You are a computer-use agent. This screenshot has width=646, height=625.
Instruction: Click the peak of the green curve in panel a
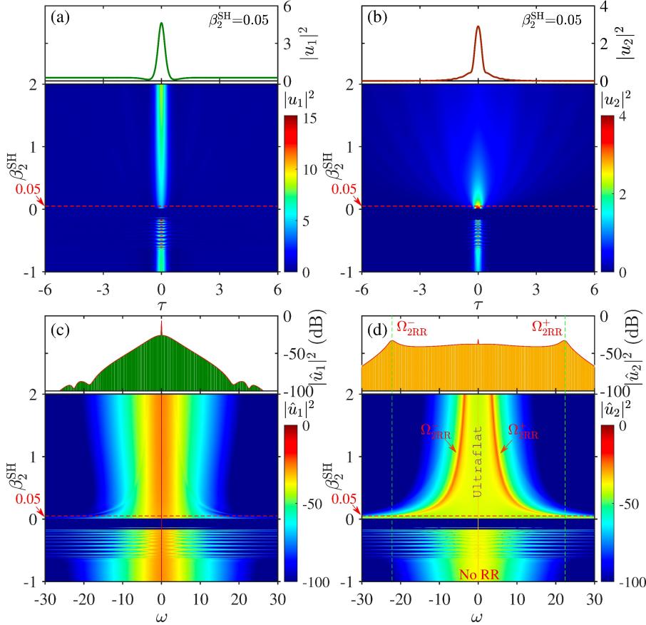(x=161, y=24)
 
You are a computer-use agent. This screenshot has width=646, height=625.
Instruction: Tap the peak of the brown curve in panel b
(x=478, y=27)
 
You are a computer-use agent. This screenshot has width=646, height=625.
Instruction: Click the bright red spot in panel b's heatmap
(x=478, y=206)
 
